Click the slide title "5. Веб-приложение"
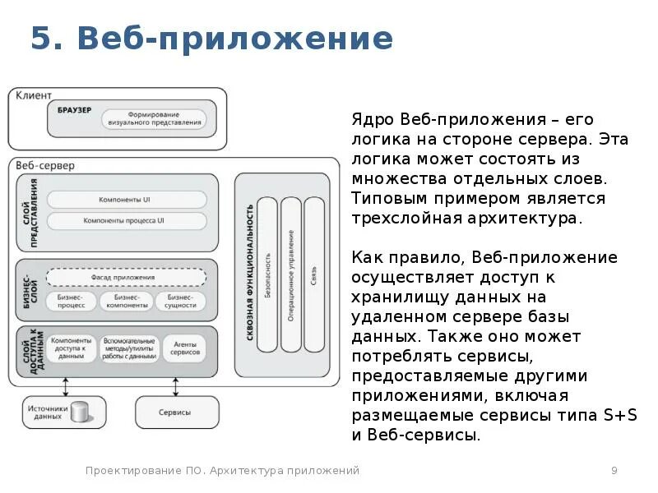[x=211, y=39]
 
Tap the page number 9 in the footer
[x=614, y=470]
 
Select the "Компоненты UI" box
[x=126, y=200]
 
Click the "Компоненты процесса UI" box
[x=126, y=220]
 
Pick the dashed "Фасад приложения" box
[x=126, y=276]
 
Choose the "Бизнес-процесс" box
[x=71, y=301]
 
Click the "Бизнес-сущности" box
[x=181, y=301]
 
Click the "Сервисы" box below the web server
[x=175, y=412]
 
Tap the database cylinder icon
[x=80, y=412]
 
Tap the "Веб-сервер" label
[x=44, y=165]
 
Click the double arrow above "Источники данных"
[x=65, y=386]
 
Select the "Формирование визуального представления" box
[x=154, y=118]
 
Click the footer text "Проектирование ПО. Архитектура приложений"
[x=223, y=470]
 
